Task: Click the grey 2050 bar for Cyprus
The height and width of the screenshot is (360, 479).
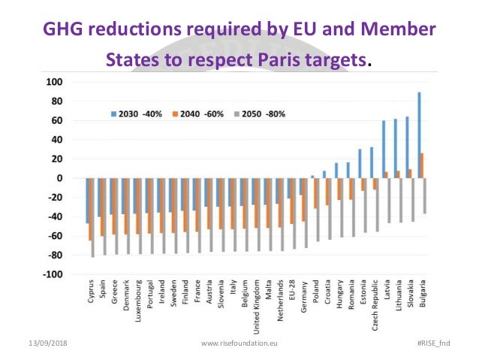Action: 92,218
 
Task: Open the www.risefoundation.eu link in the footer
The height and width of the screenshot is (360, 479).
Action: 239,343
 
